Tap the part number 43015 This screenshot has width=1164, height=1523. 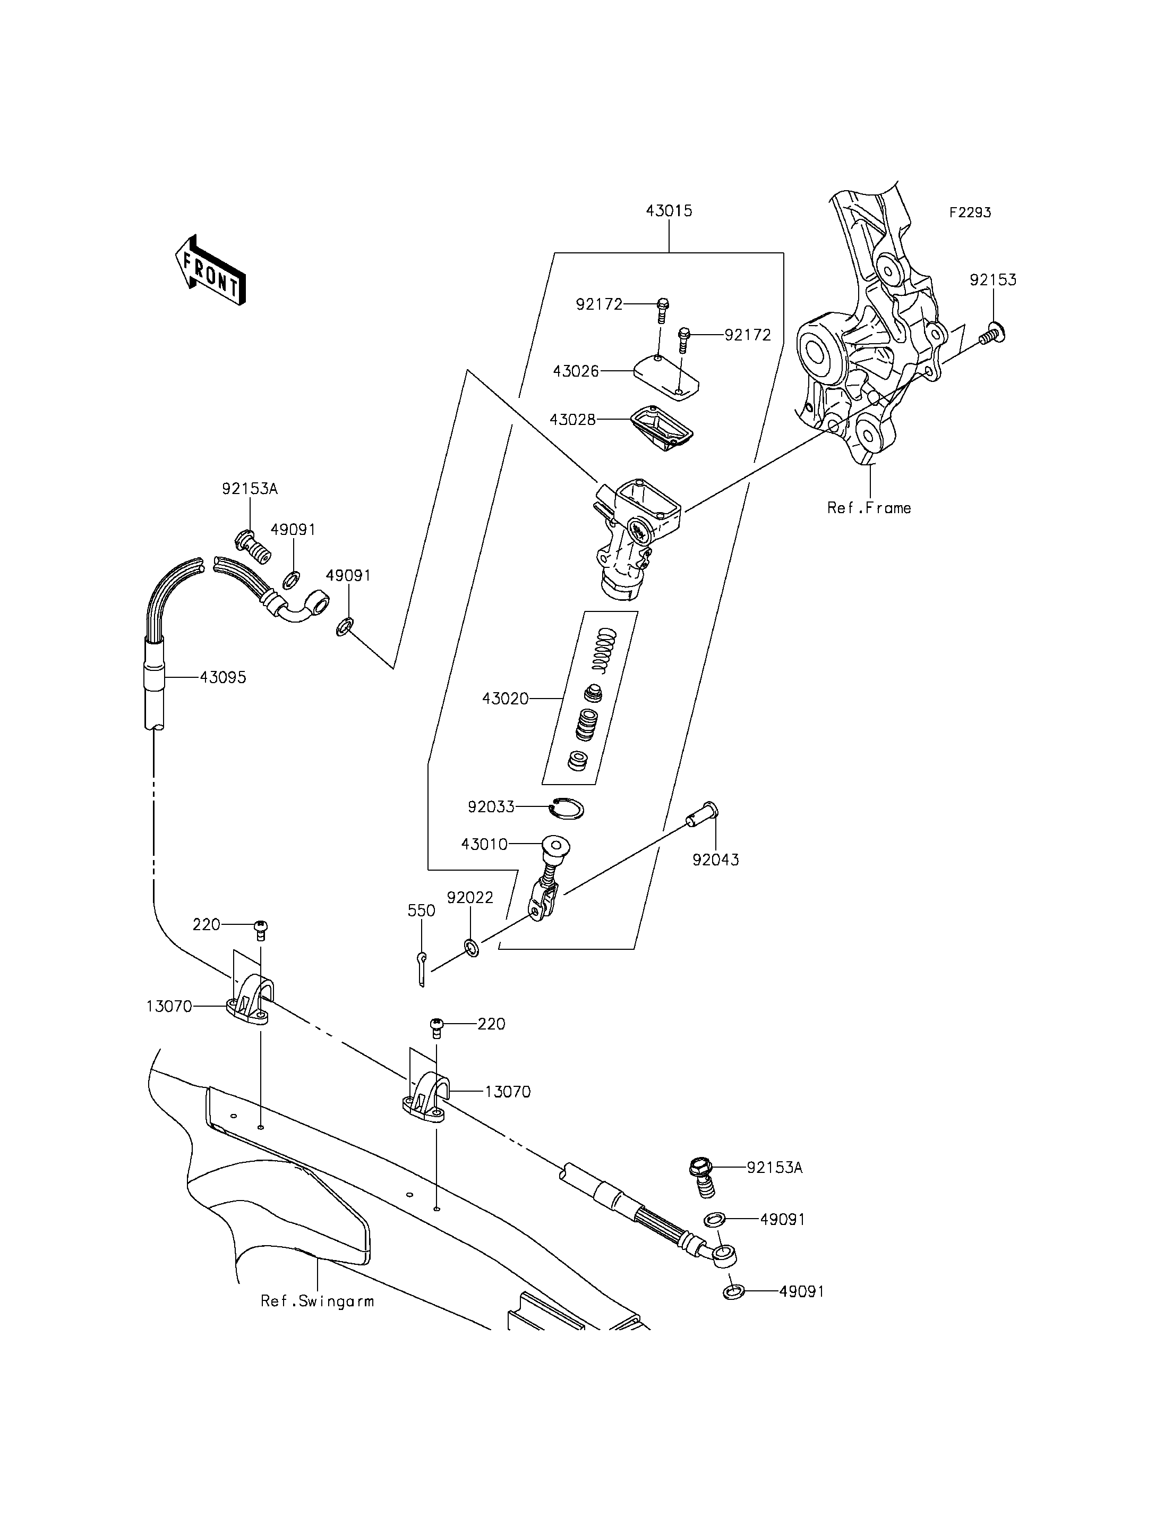point(669,211)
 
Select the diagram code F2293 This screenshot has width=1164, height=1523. point(970,213)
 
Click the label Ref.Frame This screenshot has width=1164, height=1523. point(869,508)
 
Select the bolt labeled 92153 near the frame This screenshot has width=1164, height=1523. point(992,334)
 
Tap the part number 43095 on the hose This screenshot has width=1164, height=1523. point(223,677)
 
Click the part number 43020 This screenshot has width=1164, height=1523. point(505,699)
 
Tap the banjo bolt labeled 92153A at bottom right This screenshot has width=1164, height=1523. point(702,1177)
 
